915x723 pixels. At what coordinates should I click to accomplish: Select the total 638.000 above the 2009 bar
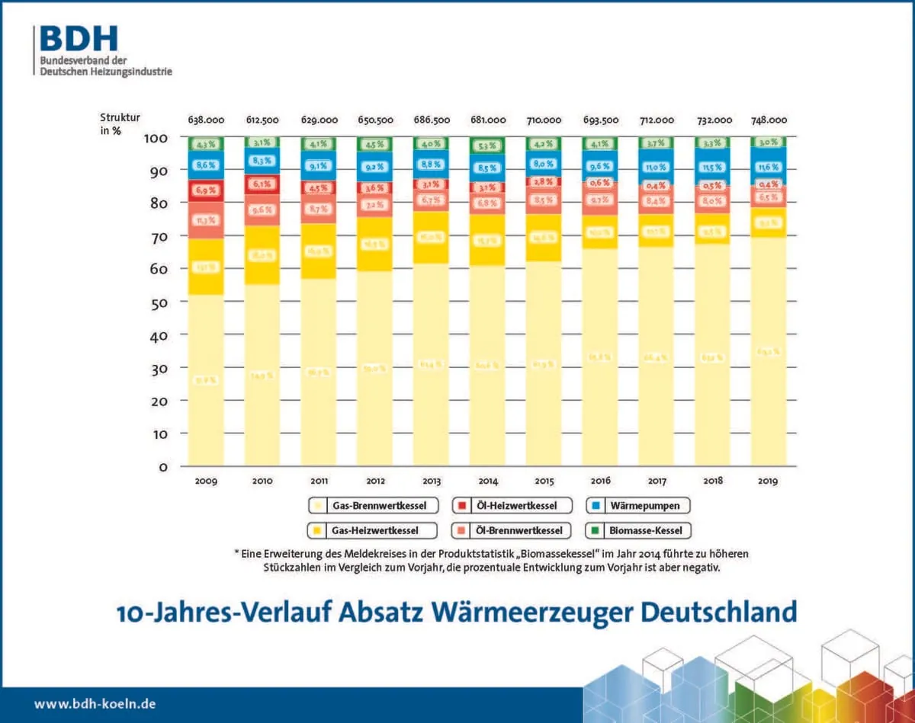206,120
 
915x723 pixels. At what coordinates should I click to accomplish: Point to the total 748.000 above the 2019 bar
768,120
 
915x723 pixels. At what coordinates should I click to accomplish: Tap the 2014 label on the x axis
487,481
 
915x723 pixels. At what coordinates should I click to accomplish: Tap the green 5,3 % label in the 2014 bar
487,146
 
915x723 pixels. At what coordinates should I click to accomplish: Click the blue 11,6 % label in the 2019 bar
768,167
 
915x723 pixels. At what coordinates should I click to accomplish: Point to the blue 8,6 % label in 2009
206,165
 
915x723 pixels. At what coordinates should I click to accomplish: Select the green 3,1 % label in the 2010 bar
262,142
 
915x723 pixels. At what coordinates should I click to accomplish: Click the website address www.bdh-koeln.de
95,704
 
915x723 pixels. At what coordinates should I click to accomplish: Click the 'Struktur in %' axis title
120,123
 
